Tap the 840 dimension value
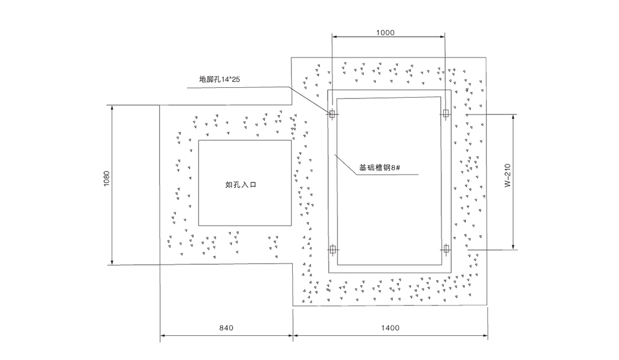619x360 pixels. pos(227,328)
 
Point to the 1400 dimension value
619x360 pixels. pos(391,328)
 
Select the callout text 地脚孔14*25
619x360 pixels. pos(219,79)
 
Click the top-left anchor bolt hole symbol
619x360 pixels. pos(332,114)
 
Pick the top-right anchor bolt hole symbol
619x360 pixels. pos(444,114)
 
